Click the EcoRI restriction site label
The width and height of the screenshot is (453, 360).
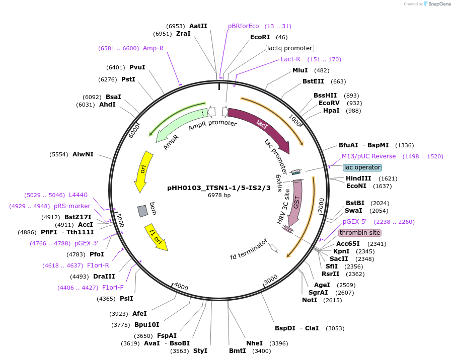(260, 37)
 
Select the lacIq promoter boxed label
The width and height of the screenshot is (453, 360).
(289, 48)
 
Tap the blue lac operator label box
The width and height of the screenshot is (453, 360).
(362, 167)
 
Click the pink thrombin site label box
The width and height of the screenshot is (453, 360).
(360, 233)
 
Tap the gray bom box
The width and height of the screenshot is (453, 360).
(143, 211)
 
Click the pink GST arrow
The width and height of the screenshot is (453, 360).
(296, 201)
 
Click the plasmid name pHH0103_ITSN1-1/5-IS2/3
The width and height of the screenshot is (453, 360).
(219, 188)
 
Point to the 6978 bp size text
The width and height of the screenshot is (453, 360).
(219, 195)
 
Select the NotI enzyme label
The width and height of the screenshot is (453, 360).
(310, 300)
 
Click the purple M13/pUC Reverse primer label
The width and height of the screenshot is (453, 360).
(369, 156)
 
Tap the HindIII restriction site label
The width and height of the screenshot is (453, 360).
(358, 178)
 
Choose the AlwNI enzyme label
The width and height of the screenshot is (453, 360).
(83, 154)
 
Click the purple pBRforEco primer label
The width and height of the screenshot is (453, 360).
(243, 26)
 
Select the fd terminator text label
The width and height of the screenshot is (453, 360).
(249, 256)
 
